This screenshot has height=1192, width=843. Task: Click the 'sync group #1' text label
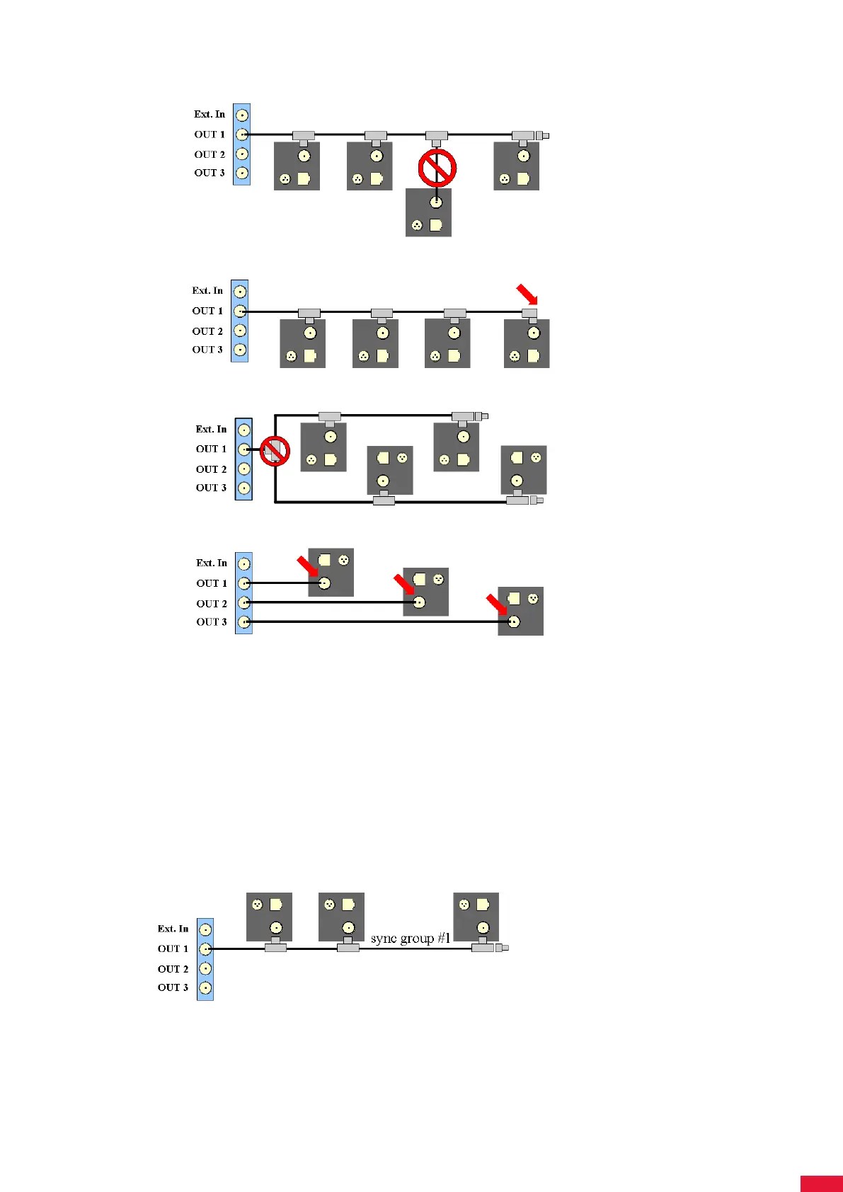pyautogui.click(x=411, y=939)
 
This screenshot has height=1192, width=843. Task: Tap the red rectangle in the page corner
pyautogui.click(x=821, y=1184)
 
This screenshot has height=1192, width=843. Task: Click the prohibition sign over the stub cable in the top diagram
pyautogui.click(x=437, y=168)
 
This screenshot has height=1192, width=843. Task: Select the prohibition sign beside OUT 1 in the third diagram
pyautogui.click(x=275, y=451)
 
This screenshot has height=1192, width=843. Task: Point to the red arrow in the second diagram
pyautogui.click(x=526, y=293)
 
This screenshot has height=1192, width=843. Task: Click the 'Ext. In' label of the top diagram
pyautogui.click(x=210, y=114)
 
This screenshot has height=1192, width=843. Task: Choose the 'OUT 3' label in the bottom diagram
pyautogui.click(x=173, y=987)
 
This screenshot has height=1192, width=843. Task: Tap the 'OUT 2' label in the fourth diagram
pyautogui.click(x=212, y=604)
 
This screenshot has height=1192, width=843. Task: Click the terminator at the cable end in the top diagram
pyautogui.click(x=542, y=135)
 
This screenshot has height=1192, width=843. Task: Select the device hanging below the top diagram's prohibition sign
pyautogui.click(x=428, y=212)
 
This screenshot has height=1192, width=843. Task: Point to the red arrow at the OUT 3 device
pyautogui.click(x=497, y=606)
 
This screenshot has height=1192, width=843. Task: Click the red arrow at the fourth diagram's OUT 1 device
pyautogui.click(x=307, y=566)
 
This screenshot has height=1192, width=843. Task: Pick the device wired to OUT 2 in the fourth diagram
pyautogui.click(x=425, y=592)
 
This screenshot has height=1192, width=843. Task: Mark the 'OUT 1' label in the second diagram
pyautogui.click(x=207, y=311)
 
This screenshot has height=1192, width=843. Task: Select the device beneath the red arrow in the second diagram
pyautogui.click(x=527, y=343)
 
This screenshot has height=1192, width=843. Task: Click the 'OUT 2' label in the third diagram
pyautogui.click(x=211, y=469)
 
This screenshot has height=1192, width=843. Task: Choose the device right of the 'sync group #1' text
pyautogui.click(x=476, y=917)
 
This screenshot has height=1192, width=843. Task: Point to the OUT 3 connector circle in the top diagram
pyautogui.click(x=242, y=173)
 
